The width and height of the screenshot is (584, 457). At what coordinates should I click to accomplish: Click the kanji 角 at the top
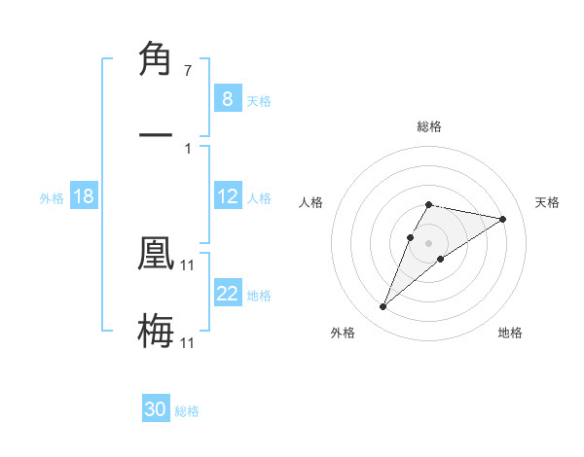pyautogui.click(x=156, y=60)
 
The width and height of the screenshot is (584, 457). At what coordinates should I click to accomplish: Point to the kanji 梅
pyautogui.click(x=156, y=331)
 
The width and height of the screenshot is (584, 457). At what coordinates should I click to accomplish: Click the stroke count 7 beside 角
pyautogui.click(x=187, y=71)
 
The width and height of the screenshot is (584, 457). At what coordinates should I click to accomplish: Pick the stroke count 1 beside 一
pyautogui.click(x=187, y=148)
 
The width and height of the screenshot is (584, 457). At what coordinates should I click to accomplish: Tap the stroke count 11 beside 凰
pyautogui.click(x=188, y=264)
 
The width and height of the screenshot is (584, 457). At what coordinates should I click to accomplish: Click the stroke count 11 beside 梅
pyautogui.click(x=188, y=342)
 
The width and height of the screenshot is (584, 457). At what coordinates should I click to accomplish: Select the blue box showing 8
pyautogui.click(x=227, y=99)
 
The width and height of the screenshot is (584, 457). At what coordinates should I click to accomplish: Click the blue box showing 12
pyautogui.click(x=227, y=196)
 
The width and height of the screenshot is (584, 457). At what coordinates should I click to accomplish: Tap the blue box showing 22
pyautogui.click(x=227, y=294)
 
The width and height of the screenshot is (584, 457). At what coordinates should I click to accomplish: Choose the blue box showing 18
pyautogui.click(x=83, y=196)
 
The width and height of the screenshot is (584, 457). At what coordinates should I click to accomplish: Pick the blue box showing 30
pyautogui.click(x=156, y=409)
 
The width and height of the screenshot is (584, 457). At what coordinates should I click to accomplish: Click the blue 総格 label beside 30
pyautogui.click(x=187, y=411)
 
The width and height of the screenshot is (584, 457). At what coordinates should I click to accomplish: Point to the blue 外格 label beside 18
pyautogui.click(x=52, y=198)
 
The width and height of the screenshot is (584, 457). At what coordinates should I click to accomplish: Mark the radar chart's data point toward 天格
pyautogui.click(x=503, y=219)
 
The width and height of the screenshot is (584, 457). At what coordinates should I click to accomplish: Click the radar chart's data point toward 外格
pyautogui.click(x=383, y=307)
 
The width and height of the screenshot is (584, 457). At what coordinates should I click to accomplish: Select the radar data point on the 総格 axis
pyautogui.click(x=428, y=205)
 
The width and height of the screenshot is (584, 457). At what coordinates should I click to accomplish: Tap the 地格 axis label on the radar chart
pyautogui.click(x=510, y=333)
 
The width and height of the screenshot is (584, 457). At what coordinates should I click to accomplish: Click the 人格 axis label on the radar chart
pyautogui.click(x=310, y=202)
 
